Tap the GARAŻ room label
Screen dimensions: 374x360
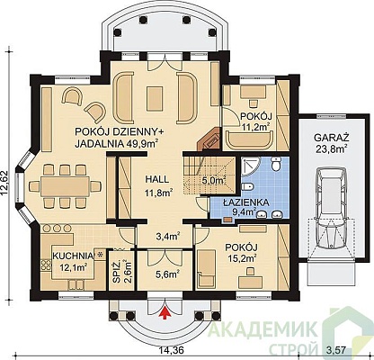[332, 138]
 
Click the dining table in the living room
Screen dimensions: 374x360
[65, 186]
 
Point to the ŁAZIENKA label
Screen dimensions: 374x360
[245, 202]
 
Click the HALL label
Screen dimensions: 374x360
[157, 179]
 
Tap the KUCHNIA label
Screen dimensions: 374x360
[74, 256]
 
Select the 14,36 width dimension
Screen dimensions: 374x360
[170, 350]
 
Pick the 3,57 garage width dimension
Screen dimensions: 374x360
[336, 350]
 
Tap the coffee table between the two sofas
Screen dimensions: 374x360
[155, 98]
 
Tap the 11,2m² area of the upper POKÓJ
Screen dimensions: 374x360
[255, 126]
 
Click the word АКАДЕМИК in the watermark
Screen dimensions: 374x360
[263, 330]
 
